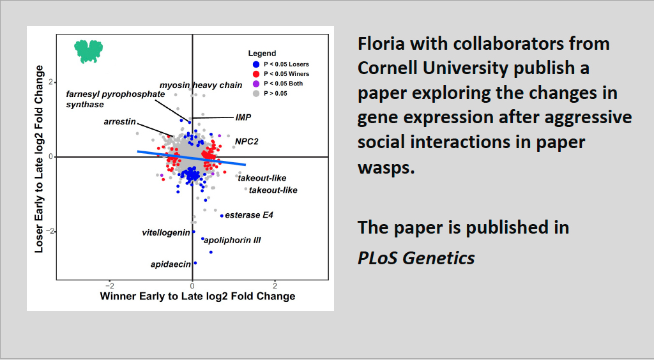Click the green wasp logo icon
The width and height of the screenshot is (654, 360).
click(88, 51)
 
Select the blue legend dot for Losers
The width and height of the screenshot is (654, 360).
click(256, 64)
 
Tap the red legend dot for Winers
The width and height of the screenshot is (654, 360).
click(256, 74)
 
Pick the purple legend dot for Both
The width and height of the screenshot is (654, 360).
click(256, 84)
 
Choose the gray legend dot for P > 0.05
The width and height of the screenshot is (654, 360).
click(256, 93)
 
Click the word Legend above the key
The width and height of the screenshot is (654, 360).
click(262, 54)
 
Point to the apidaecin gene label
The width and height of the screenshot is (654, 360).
click(171, 264)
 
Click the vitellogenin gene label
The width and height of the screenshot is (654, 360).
click(166, 232)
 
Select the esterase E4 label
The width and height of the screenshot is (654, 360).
click(249, 215)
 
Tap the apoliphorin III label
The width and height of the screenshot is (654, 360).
click(232, 240)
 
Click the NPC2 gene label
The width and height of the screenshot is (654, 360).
click(247, 142)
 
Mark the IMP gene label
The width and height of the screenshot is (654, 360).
click(243, 117)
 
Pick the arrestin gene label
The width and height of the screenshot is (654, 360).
click(119, 122)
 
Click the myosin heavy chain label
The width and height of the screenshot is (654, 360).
click(201, 86)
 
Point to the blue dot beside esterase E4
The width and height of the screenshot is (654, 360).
click(222, 216)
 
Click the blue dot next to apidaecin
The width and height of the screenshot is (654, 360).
click(195, 263)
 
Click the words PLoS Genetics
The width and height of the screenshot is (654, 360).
click(416, 258)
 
